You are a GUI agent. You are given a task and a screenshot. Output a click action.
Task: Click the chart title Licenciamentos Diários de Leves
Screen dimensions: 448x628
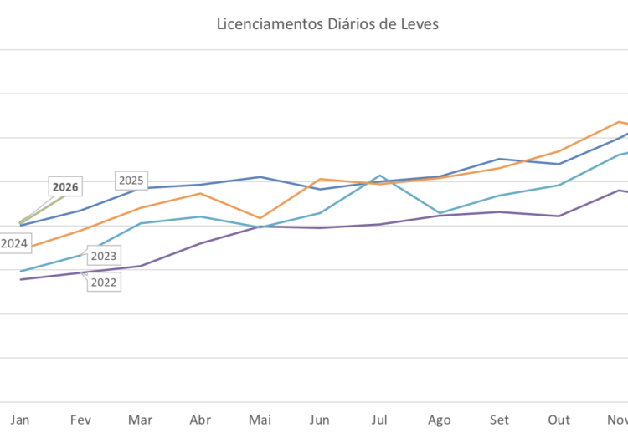[327, 24]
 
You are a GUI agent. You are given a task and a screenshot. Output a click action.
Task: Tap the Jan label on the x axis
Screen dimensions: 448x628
[20, 420]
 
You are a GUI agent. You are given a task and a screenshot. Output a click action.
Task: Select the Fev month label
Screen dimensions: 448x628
[80, 420]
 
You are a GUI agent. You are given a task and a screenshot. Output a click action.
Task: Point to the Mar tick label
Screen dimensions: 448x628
[140, 420]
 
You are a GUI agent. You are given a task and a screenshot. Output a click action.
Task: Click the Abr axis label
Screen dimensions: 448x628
[199, 420]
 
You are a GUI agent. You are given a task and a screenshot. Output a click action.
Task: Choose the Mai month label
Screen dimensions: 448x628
[260, 420]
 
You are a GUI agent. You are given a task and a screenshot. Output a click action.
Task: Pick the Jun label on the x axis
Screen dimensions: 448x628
[320, 420]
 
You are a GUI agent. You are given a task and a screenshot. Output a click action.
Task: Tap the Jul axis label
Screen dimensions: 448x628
[380, 420]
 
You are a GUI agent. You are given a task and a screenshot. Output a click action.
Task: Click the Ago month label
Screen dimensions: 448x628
[440, 420]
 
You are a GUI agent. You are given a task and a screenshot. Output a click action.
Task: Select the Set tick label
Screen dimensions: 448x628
[500, 420]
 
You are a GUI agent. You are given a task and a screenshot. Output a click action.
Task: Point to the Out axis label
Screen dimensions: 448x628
[559, 420]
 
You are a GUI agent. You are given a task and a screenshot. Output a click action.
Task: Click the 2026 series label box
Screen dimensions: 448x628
[65, 187]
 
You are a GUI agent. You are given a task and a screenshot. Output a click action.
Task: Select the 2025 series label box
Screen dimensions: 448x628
[131, 181]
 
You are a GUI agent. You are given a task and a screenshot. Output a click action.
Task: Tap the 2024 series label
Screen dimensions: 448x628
[14, 243]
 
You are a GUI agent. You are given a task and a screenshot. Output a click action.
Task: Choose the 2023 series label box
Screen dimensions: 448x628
[103, 257]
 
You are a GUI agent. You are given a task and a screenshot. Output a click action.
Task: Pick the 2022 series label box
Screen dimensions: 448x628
[103, 282]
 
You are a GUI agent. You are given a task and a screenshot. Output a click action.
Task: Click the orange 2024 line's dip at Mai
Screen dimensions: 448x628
[260, 218]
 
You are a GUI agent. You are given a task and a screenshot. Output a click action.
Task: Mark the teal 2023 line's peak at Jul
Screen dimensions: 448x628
[380, 176]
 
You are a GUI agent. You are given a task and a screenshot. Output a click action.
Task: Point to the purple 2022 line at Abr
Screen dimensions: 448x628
[199, 243]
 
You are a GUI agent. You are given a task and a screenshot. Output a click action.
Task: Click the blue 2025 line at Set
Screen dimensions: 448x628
[500, 159]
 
